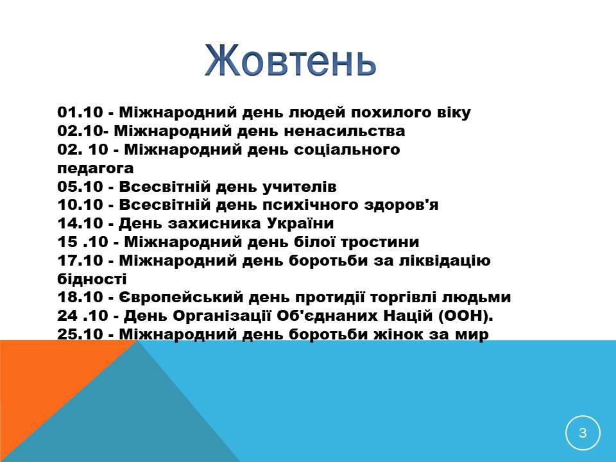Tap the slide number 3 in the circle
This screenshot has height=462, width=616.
583,433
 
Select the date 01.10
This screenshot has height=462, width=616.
80,112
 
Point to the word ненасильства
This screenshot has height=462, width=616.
344,131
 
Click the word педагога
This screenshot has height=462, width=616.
96,169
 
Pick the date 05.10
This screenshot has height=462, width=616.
80,187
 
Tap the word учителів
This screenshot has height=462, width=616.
299,187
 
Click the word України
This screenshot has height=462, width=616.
300,223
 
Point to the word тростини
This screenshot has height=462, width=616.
379,242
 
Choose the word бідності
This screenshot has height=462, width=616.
92,279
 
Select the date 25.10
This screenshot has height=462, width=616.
80,334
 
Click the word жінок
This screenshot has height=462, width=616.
396,334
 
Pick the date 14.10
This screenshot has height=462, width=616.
80,223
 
